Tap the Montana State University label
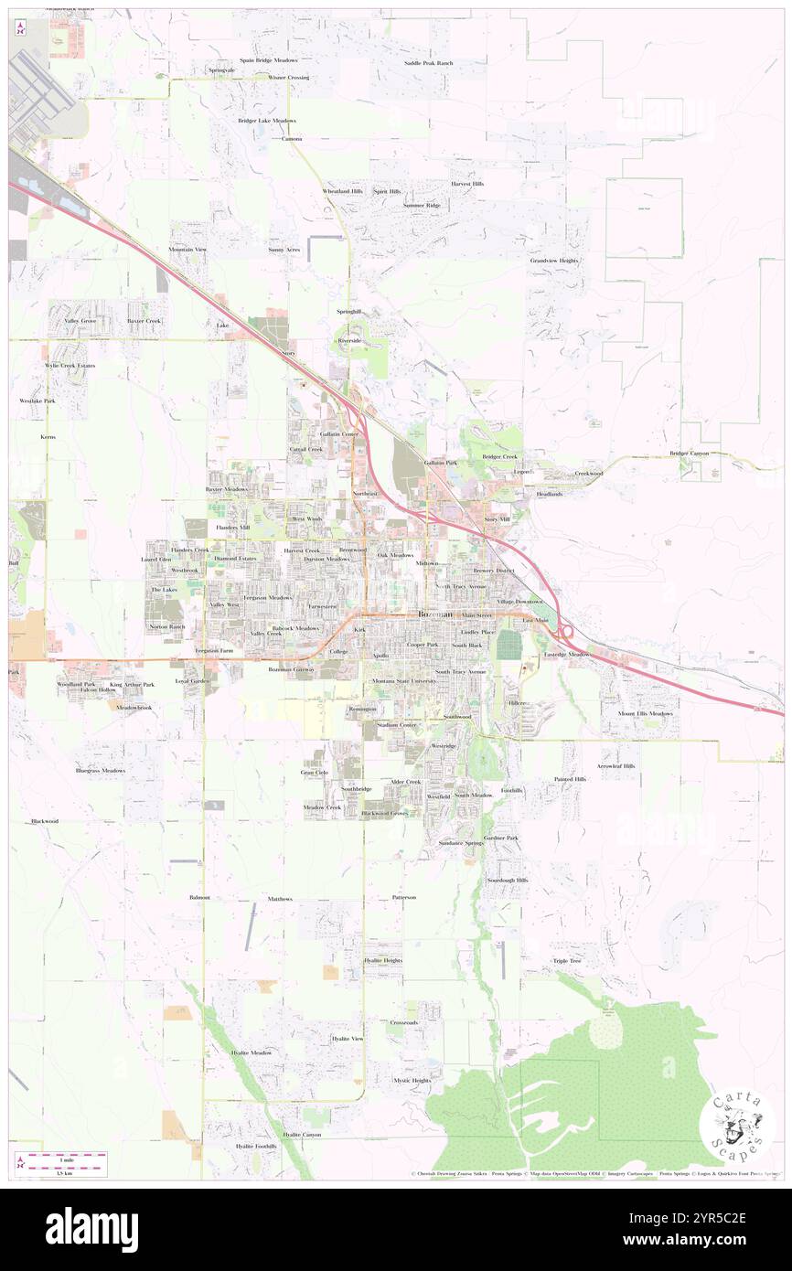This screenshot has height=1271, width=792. click(404, 682)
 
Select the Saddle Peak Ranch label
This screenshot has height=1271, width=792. click(429, 63)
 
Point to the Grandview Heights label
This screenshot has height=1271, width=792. click(554, 261)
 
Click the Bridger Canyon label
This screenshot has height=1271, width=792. click(689, 454)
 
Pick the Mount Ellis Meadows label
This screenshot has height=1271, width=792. click(645, 713)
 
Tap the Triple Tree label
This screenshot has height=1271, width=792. click(567, 961)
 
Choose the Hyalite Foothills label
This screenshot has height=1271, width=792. click(255, 1146)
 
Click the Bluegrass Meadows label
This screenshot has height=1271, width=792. click(100, 771)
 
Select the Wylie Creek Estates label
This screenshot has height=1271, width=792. click(70, 366)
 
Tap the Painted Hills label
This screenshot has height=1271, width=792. click(570, 779)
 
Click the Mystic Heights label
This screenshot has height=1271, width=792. click(412, 1080)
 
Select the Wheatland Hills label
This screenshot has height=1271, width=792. click(343, 191)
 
